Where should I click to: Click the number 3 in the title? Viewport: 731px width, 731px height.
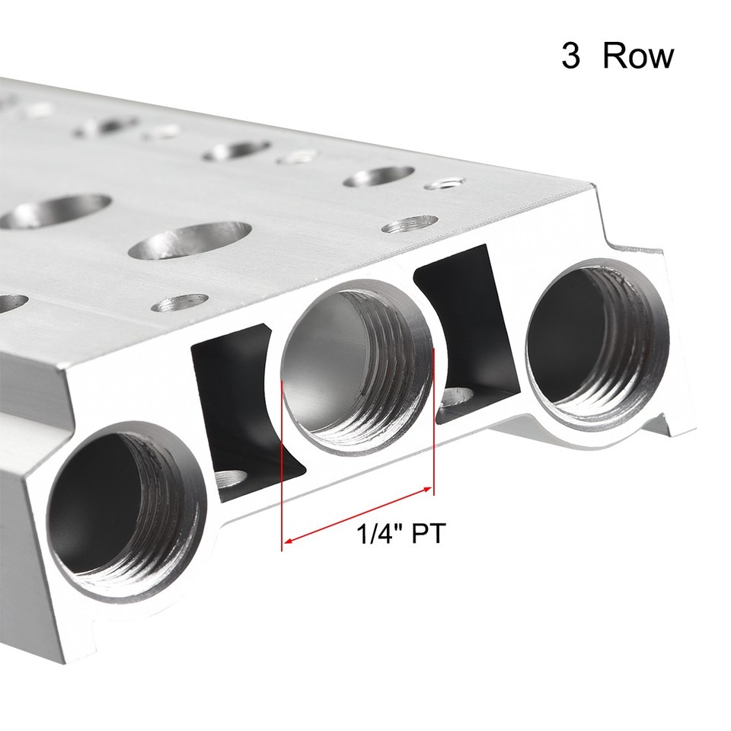click(570, 57)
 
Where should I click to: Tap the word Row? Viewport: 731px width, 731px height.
click(637, 57)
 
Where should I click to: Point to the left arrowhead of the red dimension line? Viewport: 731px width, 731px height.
click(286, 542)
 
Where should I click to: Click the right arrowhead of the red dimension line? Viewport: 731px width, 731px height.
click(430, 490)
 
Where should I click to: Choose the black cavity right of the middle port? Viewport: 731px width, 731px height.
click(464, 327)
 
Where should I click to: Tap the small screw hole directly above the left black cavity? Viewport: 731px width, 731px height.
click(180, 302)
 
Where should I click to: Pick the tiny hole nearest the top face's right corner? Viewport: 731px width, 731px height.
click(447, 183)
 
